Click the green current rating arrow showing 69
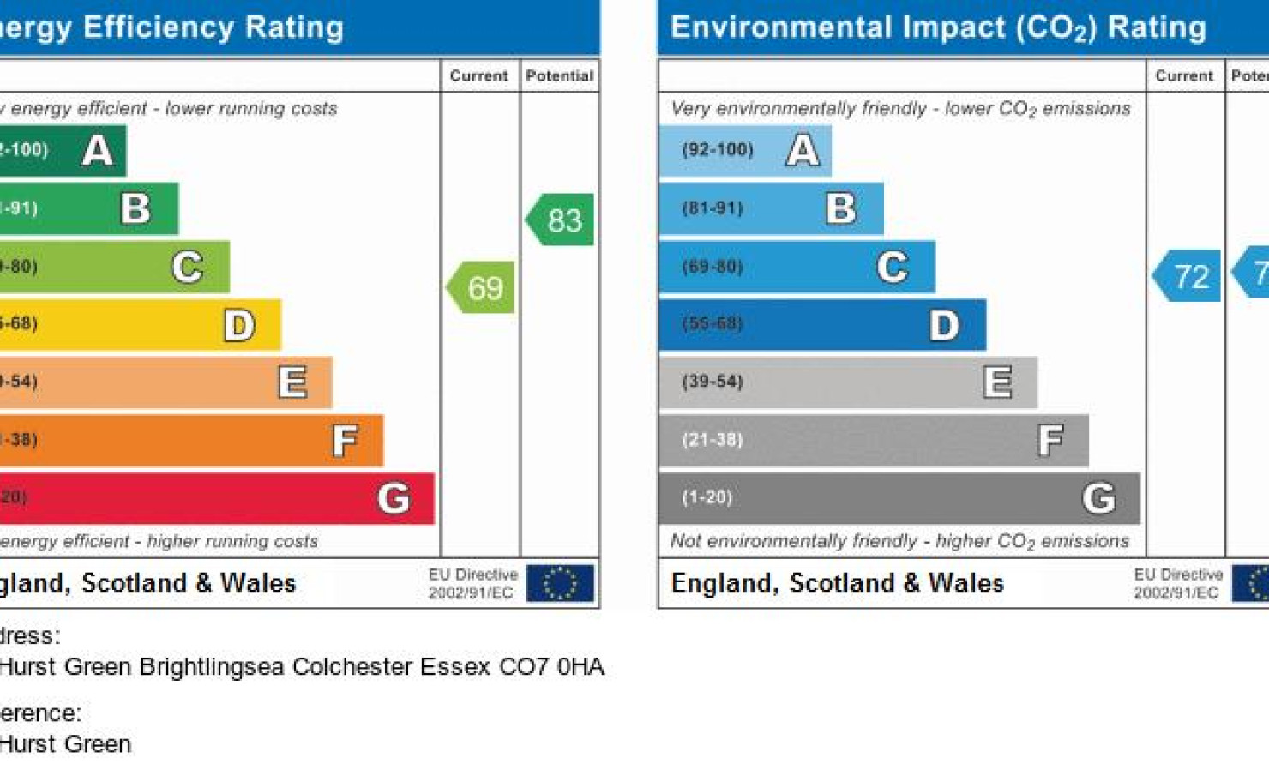pyautogui.click(x=482, y=288)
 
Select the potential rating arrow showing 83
pyautogui.click(x=562, y=220)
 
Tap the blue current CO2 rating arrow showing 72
pyautogui.click(x=1188, y=276)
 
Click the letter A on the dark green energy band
pyautogui.click(x=98, y=151)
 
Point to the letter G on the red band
pyautogui.click(x=394, y=498)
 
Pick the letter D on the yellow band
pyautogui.click(x=239, y=325)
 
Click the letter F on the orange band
pyautogui.click(x=345, y=441)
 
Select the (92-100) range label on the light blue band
pyautogui.click(x=718, y=150)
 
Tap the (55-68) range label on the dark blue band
pyautogui.click(x=713, y=324)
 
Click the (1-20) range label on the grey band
pyautogui.click(x=707, y=497)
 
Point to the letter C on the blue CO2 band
pyautogui.click(x=893, y=268)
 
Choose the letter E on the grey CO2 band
pyautogui.click(x=997, y=382)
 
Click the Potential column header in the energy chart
pyautogui.click(x=560, y=76)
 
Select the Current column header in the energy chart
pyautogui.click(x=479, y=76)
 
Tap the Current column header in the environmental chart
pyautogui.click(x=1184, y=76)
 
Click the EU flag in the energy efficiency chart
pyautogui.click(x=560, y=583)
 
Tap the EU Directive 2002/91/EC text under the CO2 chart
pyautogui.click(x=1177, y=583)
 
